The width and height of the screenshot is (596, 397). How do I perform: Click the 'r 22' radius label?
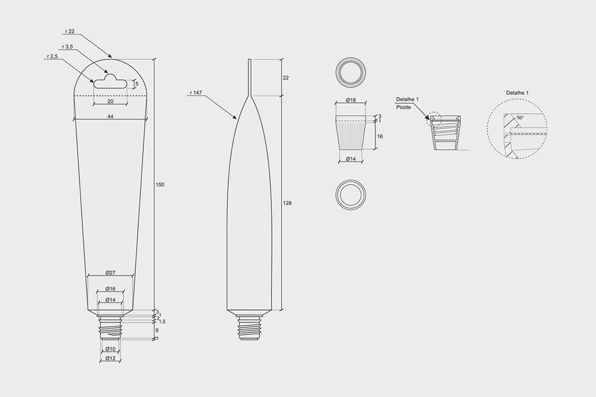[70, 31]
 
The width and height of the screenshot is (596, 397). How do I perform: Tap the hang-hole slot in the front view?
[111, 83]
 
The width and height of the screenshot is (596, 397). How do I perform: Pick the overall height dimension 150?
[160, 185]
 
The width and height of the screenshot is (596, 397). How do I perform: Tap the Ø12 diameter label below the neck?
[110, 358]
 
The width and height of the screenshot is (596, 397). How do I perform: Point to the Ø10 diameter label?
[110, 348]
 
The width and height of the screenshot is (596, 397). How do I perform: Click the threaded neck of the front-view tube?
[110, 327]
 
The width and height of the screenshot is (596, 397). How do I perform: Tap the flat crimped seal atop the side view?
[249, 77]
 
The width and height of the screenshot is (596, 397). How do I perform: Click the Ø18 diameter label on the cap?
[350, 100]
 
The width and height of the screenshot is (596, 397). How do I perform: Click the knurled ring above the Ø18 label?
[351, 71]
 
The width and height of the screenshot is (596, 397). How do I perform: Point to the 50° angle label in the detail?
[520, 119]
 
